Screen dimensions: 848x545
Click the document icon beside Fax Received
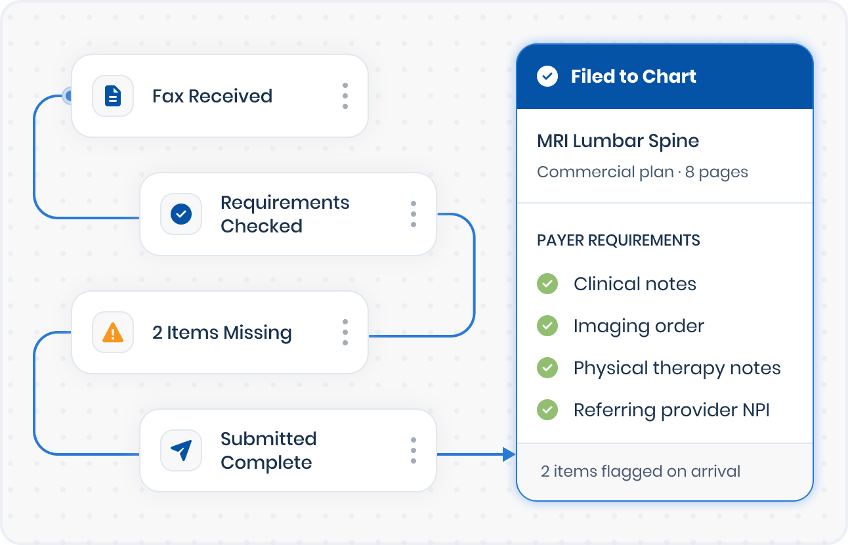(x=113, y=97)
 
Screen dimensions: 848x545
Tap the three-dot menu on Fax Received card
(x=345, y=97)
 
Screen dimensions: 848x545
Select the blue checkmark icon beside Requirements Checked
(x=181, y=214)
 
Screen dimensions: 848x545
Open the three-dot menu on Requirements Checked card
(x=413, y=214)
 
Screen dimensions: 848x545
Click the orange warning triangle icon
(x=113, y=332)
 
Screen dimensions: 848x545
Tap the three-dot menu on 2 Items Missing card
(x=345, y=332)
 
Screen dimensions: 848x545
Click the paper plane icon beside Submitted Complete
(x=181, y=450)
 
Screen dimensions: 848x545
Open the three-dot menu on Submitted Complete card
(x=413, y=450)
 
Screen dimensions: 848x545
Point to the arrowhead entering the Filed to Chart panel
(x=509, y=454)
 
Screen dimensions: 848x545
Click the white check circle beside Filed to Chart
(x=547, y=76)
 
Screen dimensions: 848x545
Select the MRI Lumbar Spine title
(x=618, y=141)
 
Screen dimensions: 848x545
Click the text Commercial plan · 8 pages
(x=643, y=172)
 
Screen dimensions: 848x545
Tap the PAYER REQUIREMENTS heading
(x=618, y=240)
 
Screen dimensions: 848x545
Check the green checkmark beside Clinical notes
(x=547, y=284)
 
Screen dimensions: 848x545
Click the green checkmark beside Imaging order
(x=547, y=326)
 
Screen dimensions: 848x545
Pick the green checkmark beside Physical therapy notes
(x=547, y=368)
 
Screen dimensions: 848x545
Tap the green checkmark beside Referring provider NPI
(x=547, y=410)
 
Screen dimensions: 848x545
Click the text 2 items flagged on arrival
(x=641, y=471)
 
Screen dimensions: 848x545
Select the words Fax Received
(x=213, y=97)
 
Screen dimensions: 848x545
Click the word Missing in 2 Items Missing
(x=257, y=332)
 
